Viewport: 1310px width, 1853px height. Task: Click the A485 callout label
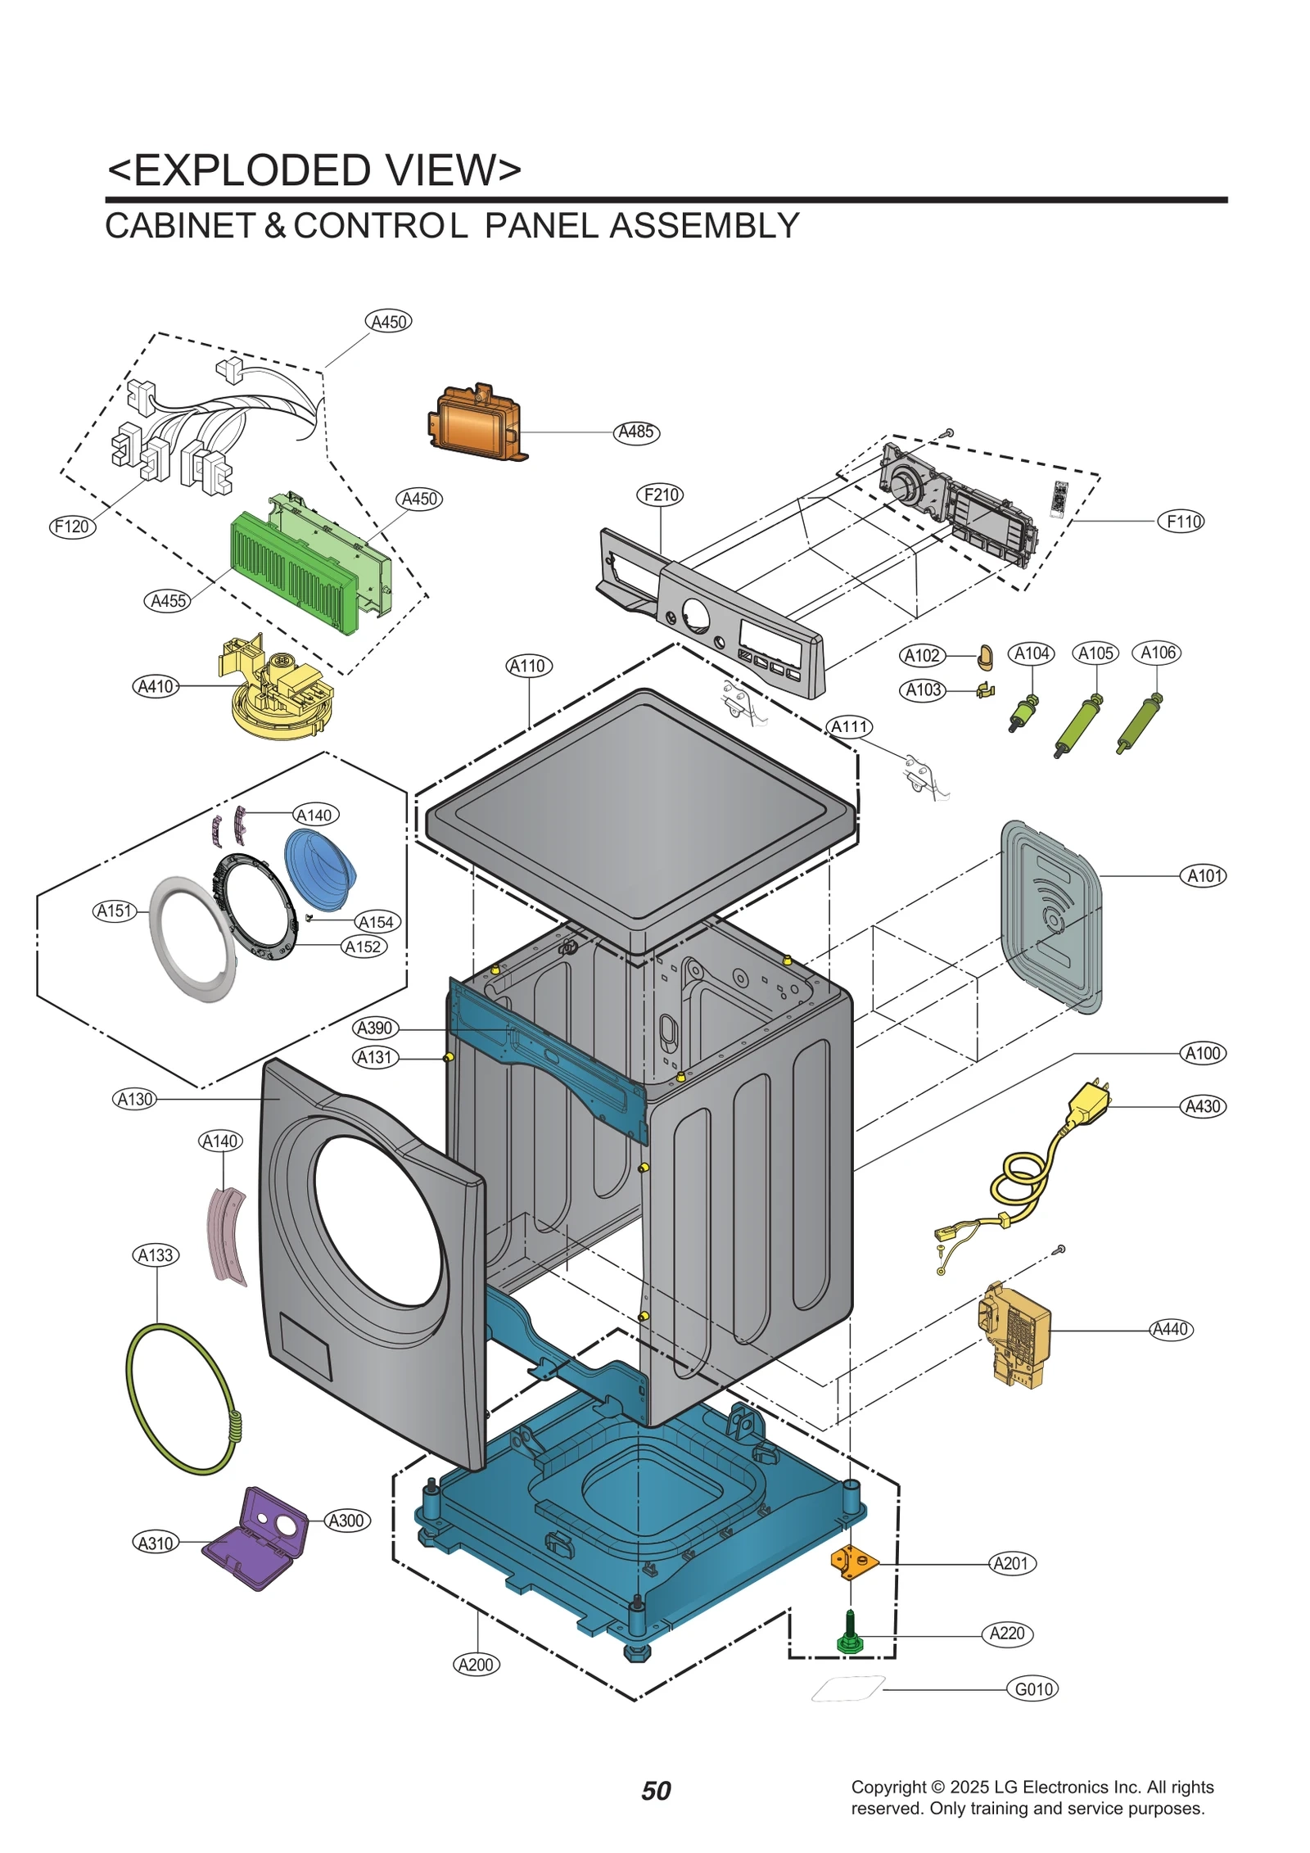pos(635,432)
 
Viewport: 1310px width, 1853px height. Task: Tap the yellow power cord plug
pos(1086,1102)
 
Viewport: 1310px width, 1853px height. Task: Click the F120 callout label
pos(72,527)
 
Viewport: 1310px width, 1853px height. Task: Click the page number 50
pos(655,1791)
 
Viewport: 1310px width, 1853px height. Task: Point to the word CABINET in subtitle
pos(180,226)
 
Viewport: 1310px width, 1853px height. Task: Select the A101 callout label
pos(1204,875)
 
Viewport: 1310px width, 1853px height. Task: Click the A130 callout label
pos(135,1099)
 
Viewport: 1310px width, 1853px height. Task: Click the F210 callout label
pos(660,495)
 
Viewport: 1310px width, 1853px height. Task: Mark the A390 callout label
pos(376,1028)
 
